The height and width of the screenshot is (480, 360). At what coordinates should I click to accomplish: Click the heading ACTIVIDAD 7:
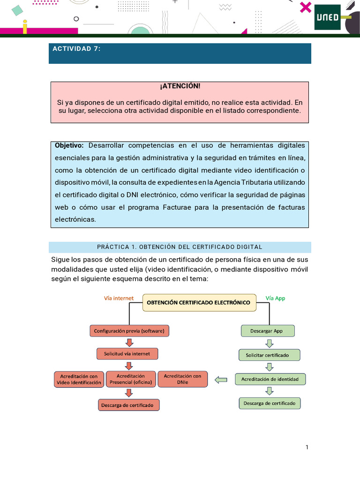(x=76, y=49)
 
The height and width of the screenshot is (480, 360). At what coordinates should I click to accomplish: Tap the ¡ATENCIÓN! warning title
(x=180, y=87)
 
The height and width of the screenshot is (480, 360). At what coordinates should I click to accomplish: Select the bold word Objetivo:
(x=69, y=145)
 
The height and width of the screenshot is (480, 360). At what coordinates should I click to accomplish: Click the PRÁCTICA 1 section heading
(x=180, y=247)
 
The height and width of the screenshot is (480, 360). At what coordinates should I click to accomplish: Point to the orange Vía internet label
(x=119, y=298)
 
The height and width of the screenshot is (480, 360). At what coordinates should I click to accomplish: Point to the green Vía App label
(x=275, y=298)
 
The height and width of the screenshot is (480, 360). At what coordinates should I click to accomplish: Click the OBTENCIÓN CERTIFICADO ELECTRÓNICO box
(x=199, y=302)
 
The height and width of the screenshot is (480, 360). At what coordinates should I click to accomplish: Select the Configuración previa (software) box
(x=129, y=331)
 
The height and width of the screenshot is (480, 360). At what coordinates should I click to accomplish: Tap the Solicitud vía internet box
(x=127, y=353)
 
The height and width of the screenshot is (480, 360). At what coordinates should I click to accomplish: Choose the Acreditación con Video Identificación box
(x=79, y=379)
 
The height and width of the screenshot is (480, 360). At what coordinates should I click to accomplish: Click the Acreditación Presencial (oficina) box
(x=130, y=379)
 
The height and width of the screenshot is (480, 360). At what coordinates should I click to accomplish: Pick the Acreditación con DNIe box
(x=183, y=379)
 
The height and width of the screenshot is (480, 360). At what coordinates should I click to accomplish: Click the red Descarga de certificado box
(x=129, y=405)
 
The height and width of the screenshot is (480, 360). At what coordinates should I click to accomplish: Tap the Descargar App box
(x=268, y=330)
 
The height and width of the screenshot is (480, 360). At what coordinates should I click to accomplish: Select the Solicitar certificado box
(x=270, y=355)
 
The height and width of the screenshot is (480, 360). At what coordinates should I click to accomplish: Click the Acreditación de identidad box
(x=270, y=379)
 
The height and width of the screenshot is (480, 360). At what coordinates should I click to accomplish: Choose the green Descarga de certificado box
(x=270, y=403)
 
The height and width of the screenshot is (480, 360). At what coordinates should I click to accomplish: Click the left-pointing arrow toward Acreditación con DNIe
(x=221, y=380)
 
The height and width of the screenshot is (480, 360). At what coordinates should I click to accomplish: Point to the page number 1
(x=307, y=447)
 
